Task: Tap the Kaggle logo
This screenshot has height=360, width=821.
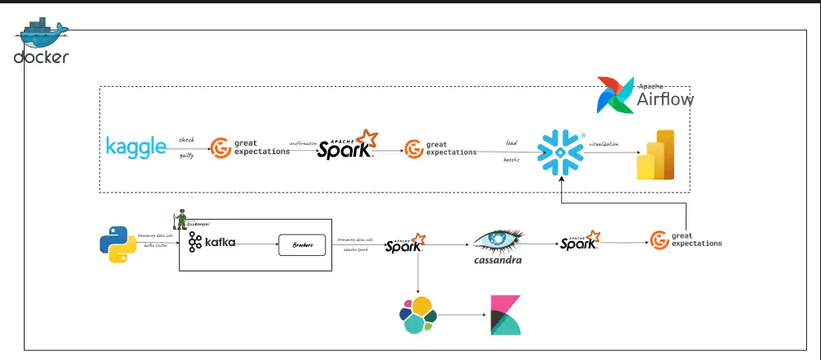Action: pos(136,147)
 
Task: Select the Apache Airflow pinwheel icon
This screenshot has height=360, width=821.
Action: pos(616,95)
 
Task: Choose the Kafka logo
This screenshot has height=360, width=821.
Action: pos(212,242)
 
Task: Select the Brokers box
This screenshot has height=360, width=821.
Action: pos(303,244)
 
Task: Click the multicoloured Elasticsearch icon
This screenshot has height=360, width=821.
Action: pos(417,316)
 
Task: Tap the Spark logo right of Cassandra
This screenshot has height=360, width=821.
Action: pos(582,242)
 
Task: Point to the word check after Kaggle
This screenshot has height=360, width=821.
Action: pos(187,139)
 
